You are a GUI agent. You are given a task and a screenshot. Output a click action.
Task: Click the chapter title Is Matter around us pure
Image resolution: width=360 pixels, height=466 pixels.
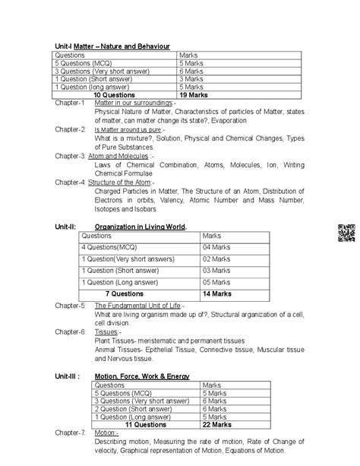(129, 129)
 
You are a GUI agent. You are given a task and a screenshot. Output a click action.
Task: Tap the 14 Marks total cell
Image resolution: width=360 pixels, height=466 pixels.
(217, 292)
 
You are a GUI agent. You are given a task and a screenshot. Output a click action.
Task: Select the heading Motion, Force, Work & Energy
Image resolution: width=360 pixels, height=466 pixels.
(141, 376)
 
